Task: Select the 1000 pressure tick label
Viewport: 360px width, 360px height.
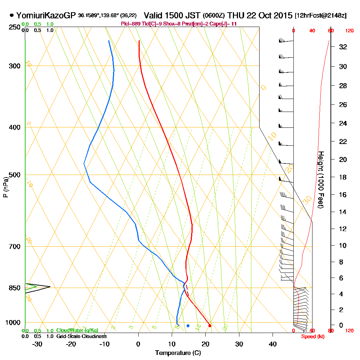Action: click(x=13, y=322)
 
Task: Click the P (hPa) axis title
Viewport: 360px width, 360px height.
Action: click(x=5, y=187)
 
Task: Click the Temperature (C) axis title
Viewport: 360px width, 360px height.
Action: click(x=178, y=353)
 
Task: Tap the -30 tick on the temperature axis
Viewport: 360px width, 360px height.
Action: click(x=37, y=344)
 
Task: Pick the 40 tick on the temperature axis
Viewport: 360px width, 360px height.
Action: click(x=273, y=344)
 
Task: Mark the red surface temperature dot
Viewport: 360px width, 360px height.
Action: click(x=210, y=326)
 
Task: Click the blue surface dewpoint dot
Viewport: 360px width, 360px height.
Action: click(x=188, y=326)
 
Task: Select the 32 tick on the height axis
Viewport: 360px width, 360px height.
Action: click(x=343, y=47)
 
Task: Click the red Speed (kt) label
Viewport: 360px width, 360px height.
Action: click(x=312, y=336)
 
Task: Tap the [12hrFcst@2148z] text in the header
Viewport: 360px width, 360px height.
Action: click(x=320, y=16)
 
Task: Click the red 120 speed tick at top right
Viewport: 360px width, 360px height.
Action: click(x=349, y=31)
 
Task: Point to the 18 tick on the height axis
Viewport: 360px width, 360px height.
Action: click(x=343, y=177)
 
